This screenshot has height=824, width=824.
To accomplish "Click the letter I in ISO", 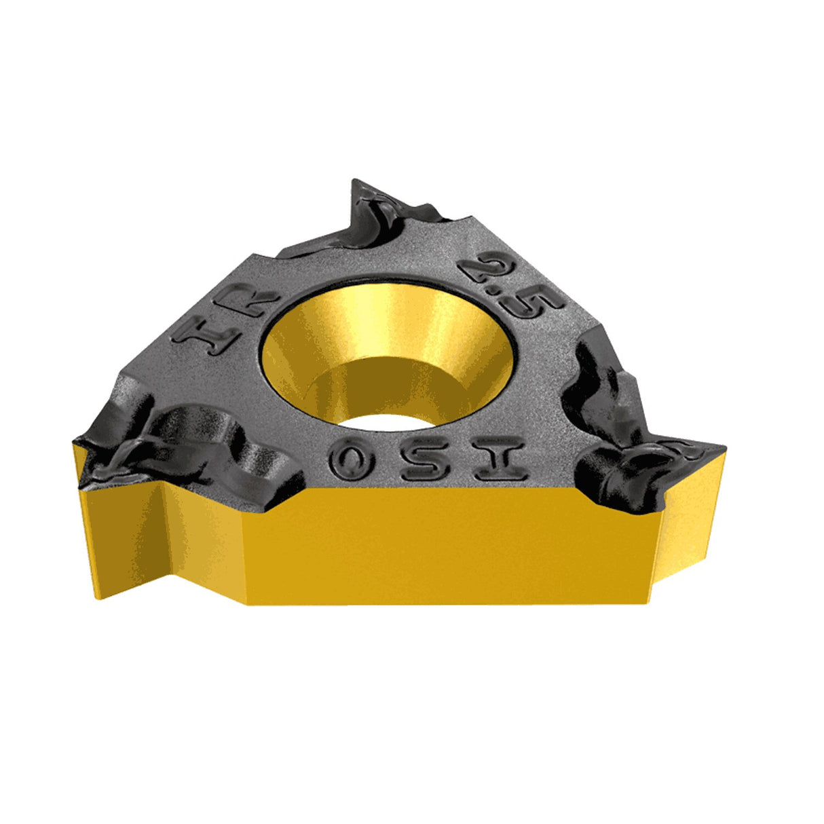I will click(500, 458).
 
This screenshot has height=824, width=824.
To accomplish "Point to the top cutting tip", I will click(358, 187).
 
